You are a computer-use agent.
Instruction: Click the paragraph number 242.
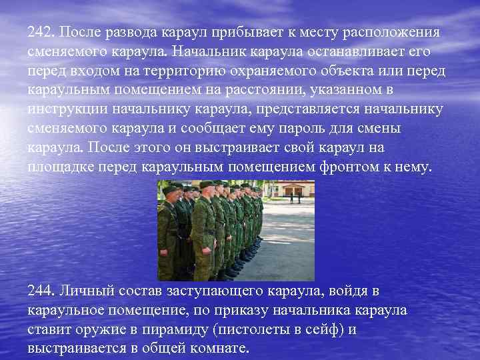[42, 33]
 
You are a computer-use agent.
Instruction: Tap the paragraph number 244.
[42, 291]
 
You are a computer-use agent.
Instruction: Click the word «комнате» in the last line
[219, 349]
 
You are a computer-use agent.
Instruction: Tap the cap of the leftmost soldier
[169, 189]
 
